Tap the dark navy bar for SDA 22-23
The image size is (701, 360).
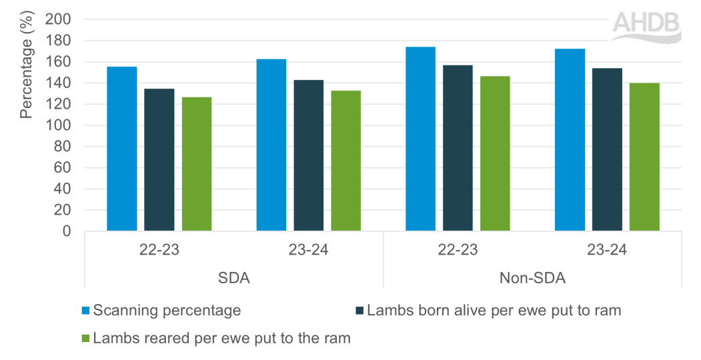click(159, 160)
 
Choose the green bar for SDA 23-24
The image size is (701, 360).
click(346, 161)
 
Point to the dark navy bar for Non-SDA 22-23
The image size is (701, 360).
click(458, 148)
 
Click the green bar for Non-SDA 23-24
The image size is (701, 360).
click(644, 157)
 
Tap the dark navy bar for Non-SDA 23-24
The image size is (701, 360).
click(607, 149)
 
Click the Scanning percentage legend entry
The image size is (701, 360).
click(166, 310)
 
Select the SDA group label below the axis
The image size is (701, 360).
click(233, 279)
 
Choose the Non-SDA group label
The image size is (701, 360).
click(532, 279)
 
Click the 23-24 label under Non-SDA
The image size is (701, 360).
click(606, 252)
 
